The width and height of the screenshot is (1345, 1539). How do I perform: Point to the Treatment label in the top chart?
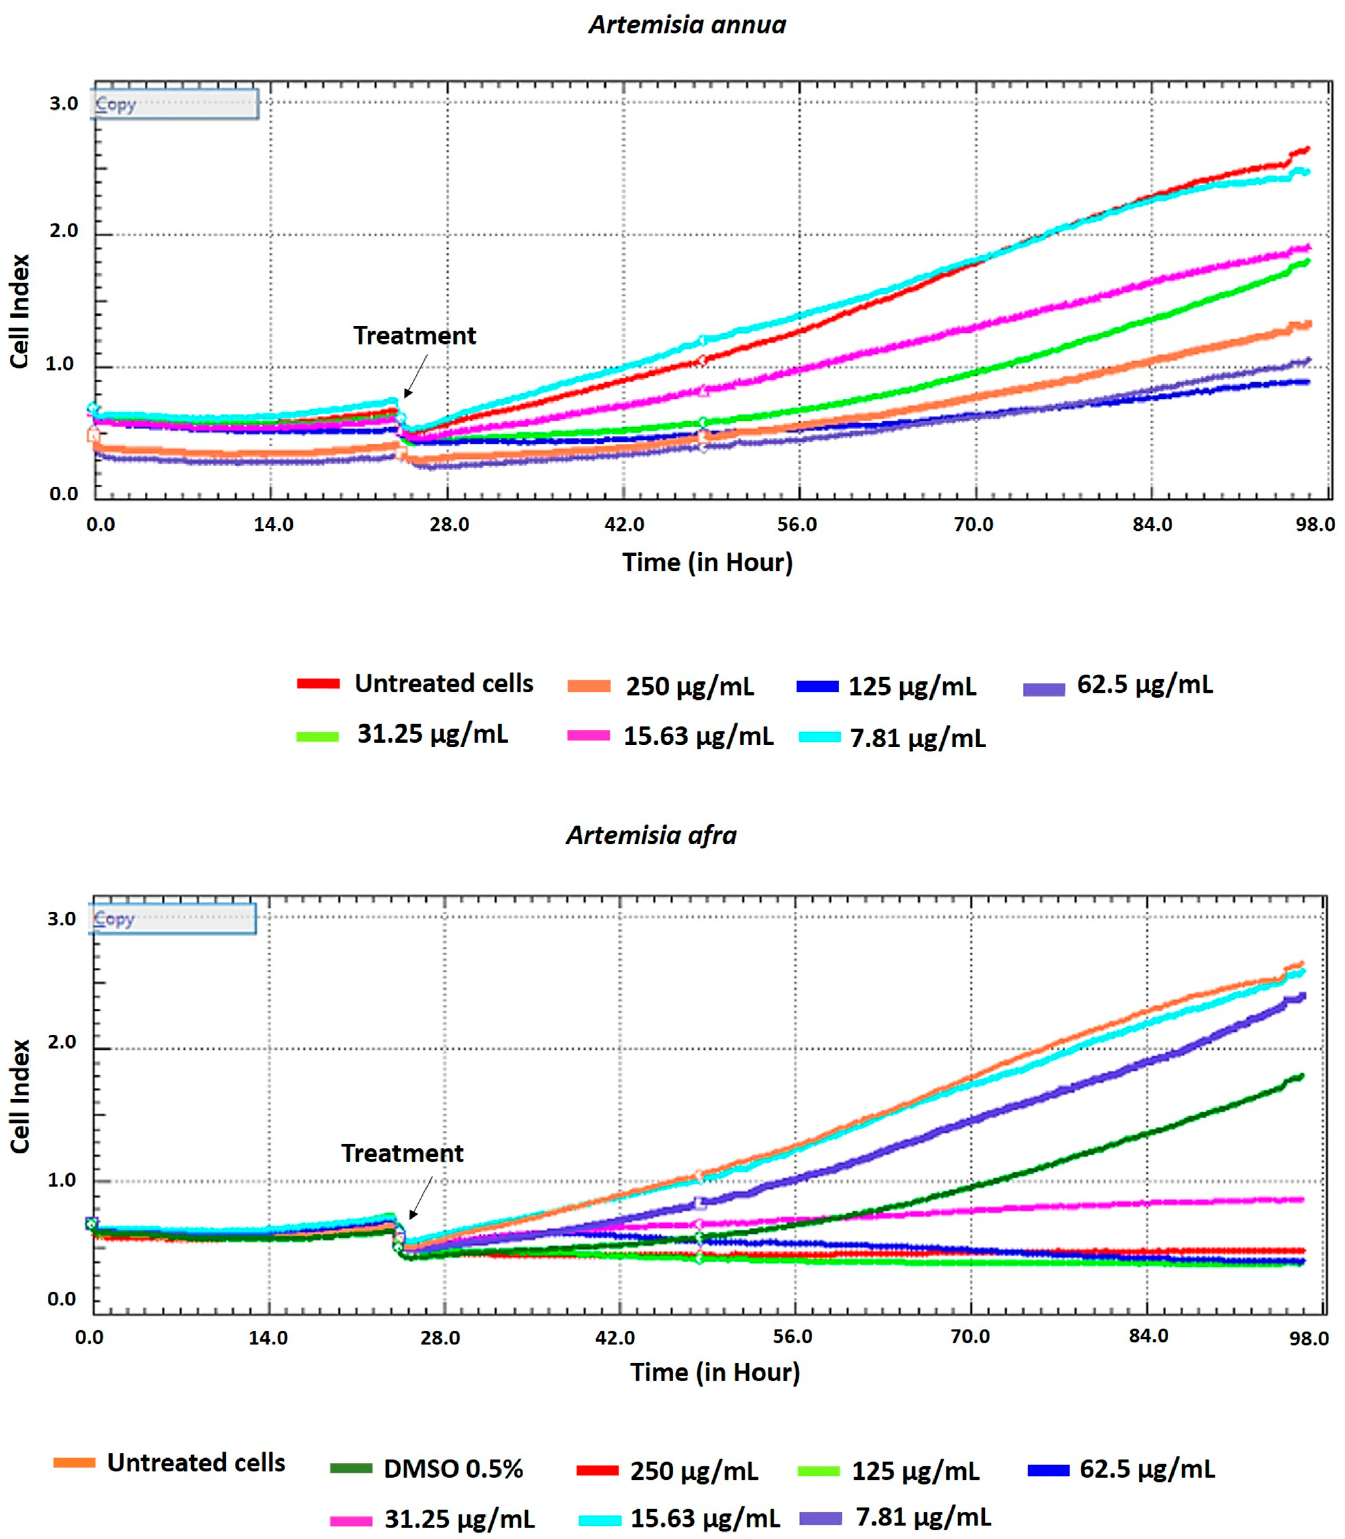[x=414, y=336]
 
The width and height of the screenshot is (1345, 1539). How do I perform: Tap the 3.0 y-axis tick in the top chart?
[x=64, y=104]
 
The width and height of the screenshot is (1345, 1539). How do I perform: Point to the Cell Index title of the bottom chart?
[x=20, y=1096]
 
